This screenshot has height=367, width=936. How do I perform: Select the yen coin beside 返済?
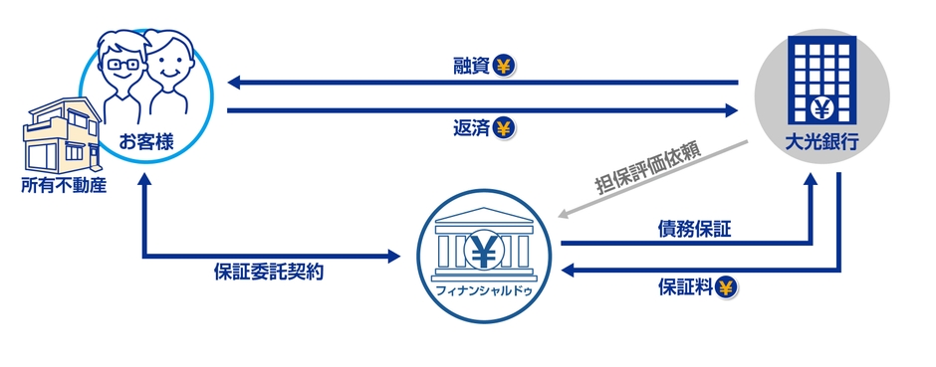point(504,127)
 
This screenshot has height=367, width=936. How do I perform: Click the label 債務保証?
point(694,230)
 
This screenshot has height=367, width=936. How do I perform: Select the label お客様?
point(146,140)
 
